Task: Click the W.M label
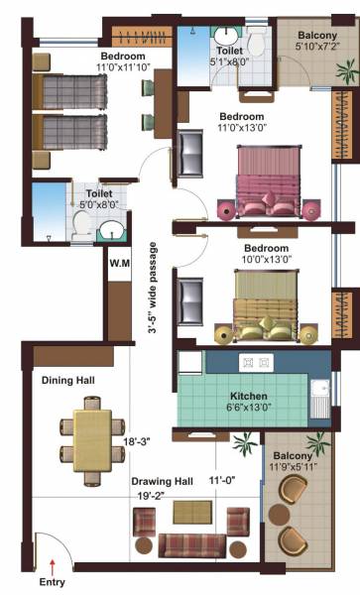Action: [120, 264]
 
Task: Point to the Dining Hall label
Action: [65, 380]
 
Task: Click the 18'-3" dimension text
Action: [137, 441]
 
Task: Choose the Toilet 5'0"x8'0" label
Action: [96, 198]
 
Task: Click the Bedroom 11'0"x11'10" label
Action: [123, 61]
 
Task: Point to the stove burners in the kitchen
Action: [244, 363]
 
